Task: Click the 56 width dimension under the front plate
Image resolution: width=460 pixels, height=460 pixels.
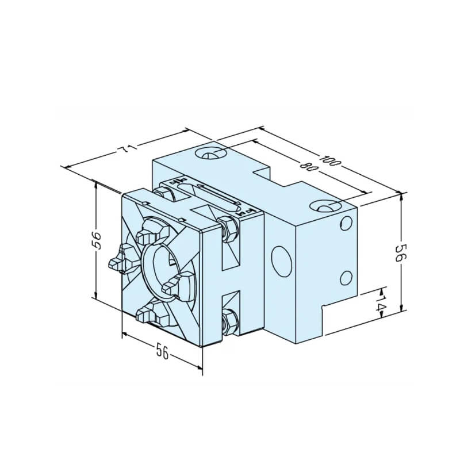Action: (162, 351)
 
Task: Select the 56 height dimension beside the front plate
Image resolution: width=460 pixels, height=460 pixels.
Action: (97, 240)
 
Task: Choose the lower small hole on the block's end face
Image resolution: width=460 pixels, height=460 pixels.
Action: (346, 277)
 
